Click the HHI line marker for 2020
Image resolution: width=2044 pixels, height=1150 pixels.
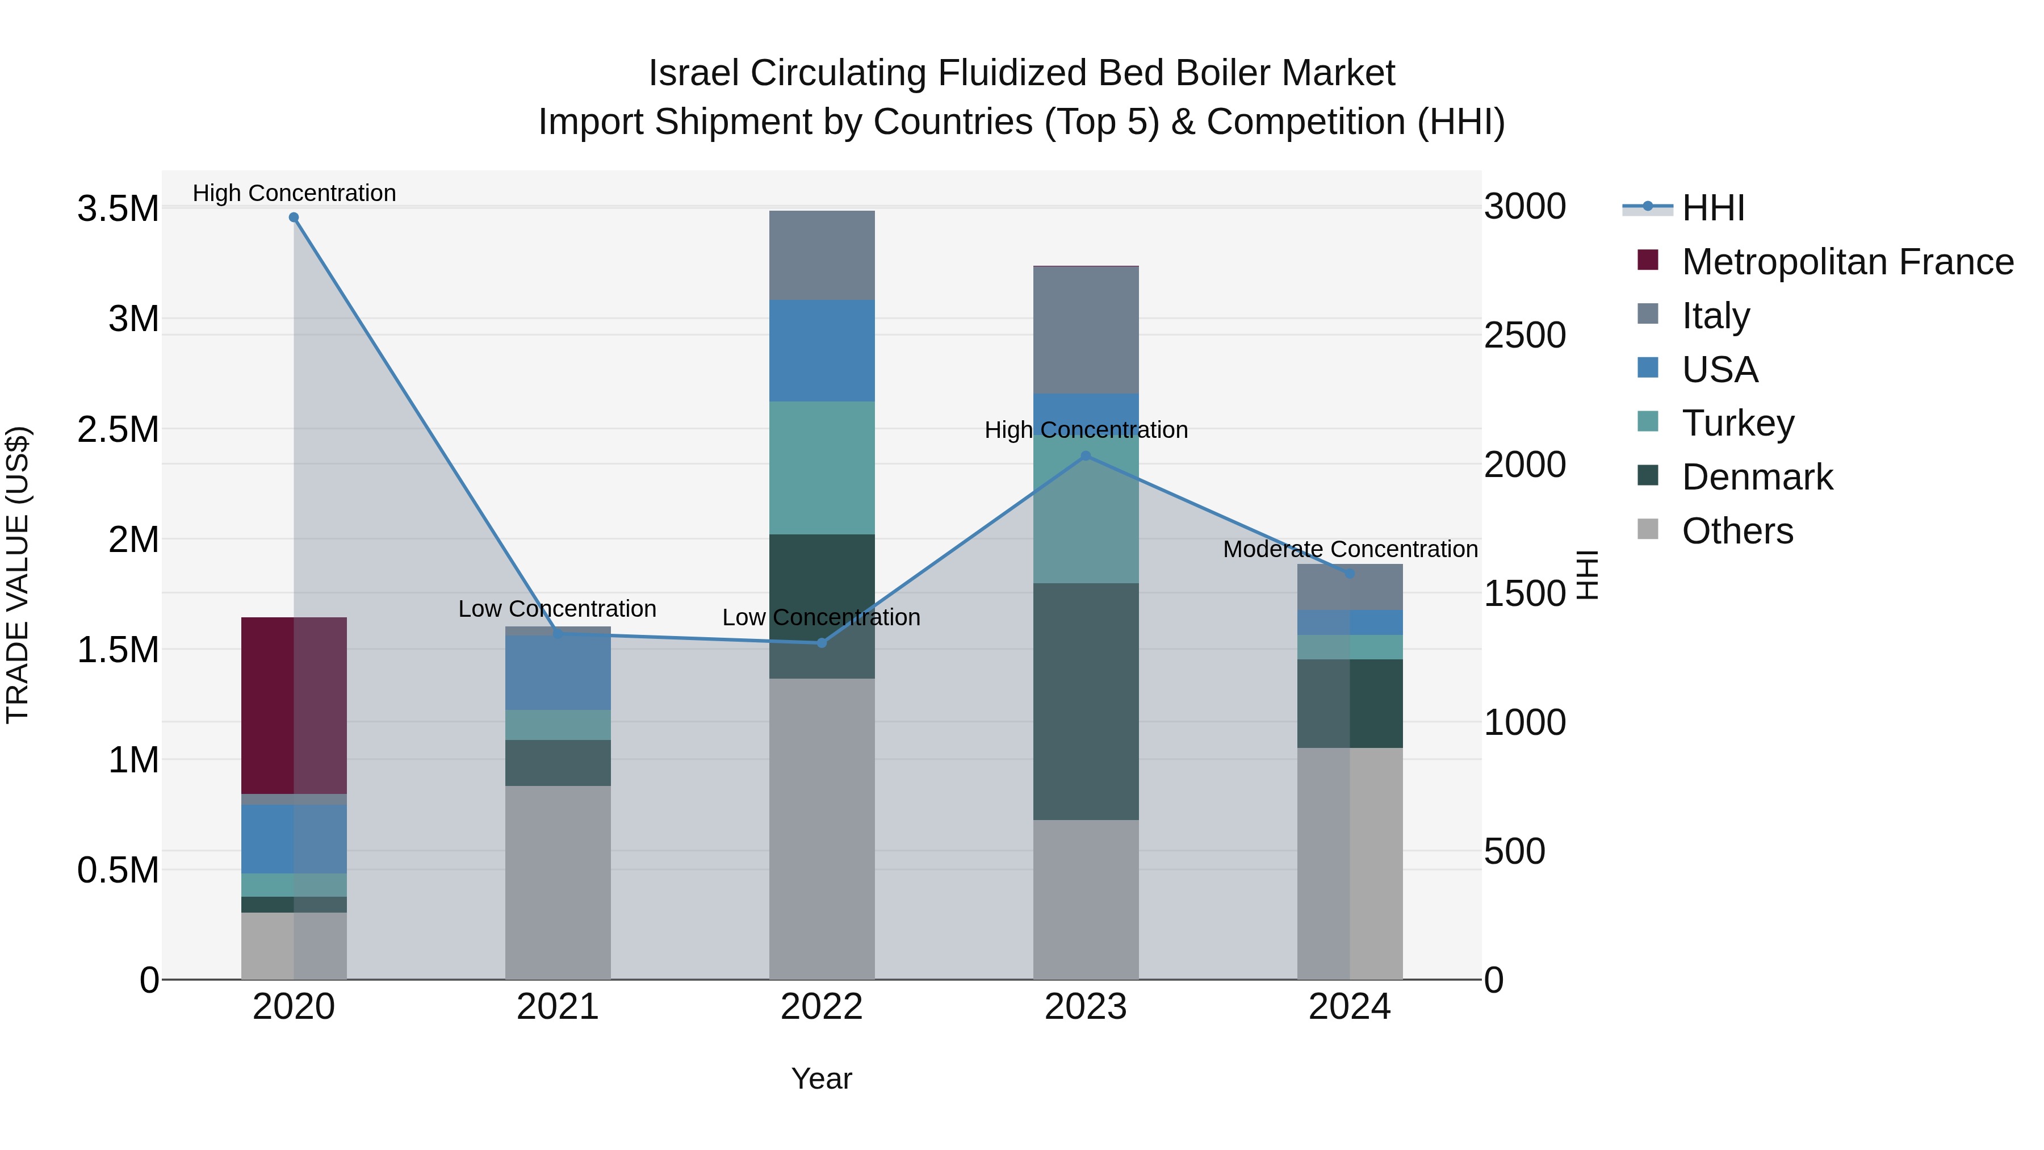pos(294,218)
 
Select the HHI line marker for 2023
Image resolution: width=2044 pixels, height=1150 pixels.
pos(1086,457)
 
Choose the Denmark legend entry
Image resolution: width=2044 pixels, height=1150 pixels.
pos(1757,477)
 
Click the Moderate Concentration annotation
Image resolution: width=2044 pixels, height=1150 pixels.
pos(1350,549)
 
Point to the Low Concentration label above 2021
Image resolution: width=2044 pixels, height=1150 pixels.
pos(557,609)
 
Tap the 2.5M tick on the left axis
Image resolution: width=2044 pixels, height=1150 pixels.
pos(118,429)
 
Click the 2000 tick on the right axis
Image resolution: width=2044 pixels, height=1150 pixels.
pos(1524,465)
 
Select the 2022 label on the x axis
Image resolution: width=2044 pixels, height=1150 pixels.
pos(821,1007)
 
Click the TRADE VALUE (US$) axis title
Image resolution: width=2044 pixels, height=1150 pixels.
pos(18,575)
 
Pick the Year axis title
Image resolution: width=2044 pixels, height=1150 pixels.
pos(821,1078)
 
